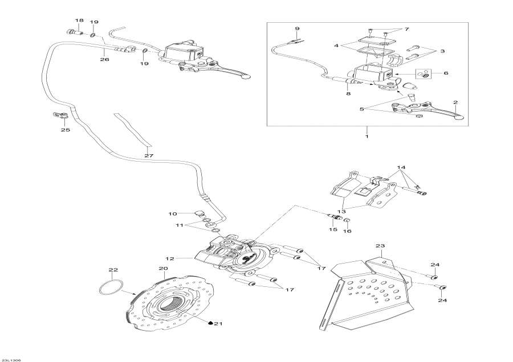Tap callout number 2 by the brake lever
click(455, 103)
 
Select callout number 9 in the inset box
click(297, 29)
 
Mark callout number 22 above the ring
click(113, 270)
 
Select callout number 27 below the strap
click(148, 155)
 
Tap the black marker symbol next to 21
click(210, 323)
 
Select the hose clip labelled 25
click(60, 116)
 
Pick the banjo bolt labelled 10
click(200, 214)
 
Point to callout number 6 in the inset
click(445, 73)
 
